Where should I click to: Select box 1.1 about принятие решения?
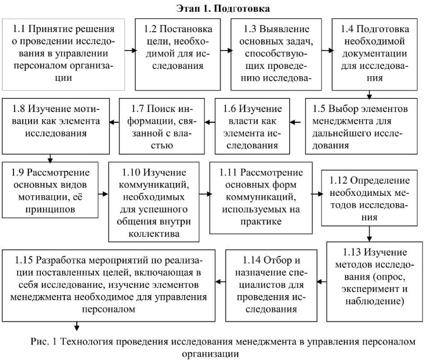[63, 54]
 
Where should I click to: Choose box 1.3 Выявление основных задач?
[278, 54]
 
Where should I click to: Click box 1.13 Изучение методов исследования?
[374, 276]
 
